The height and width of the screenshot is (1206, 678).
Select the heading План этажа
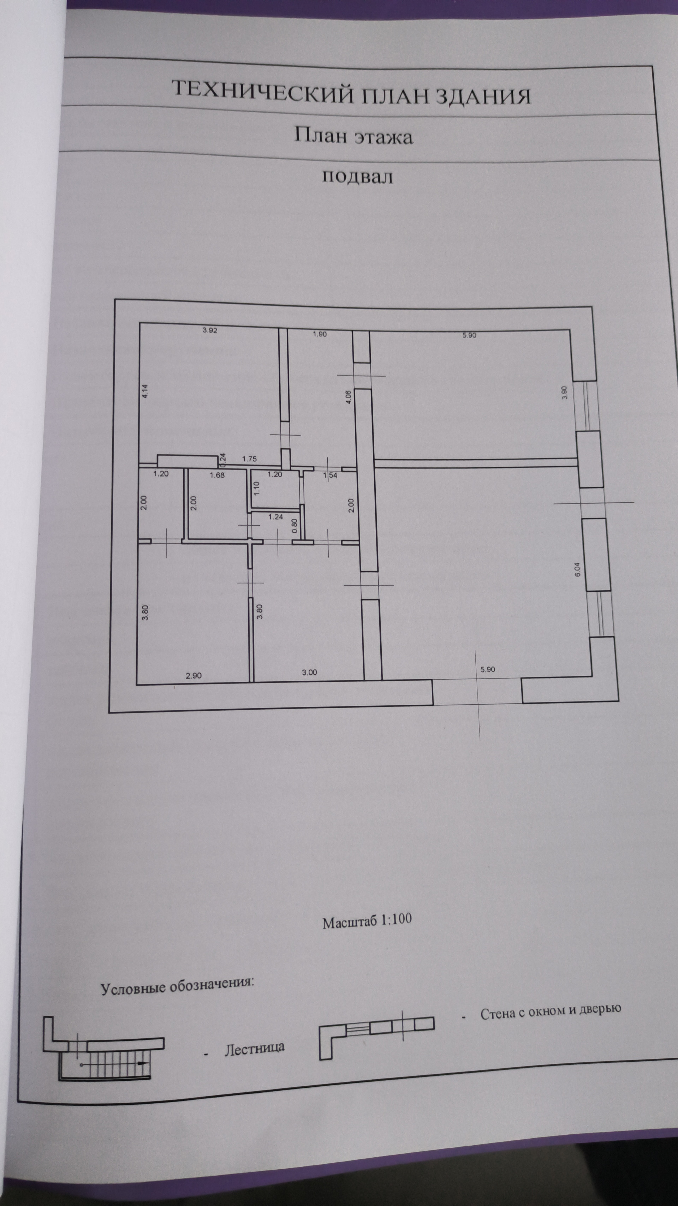(x=353, y=136)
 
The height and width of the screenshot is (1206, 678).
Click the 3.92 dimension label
(x=210, y=330)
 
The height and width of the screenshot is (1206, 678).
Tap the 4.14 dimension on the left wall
(x=145, y=391)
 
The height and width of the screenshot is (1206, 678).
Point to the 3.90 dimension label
(x=565, y=392)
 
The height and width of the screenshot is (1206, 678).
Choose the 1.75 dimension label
(x=249, y=459)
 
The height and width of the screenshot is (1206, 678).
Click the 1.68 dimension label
(x=217, y=475)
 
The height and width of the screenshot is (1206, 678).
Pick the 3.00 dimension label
(x=309, y=672)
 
